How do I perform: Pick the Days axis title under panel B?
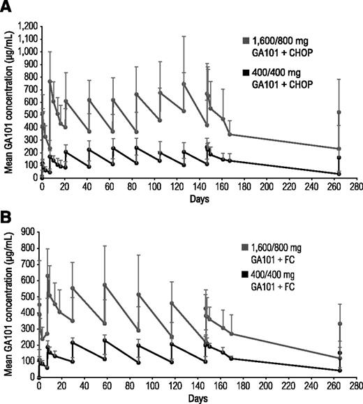pyautogui.click(x=193, y=398)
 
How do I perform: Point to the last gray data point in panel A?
pyautogui.click(x=339, y=149)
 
